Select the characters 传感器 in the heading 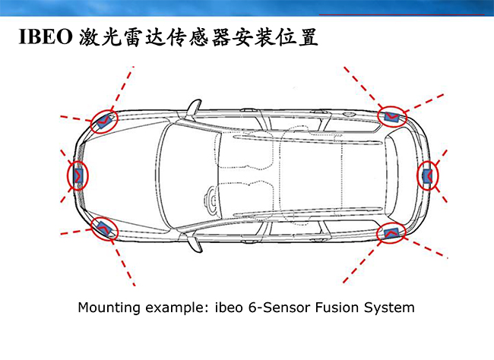point(203,36)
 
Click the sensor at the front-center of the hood point(78,175)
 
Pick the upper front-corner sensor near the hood point(104,120)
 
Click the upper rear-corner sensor point(392,116)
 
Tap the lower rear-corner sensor point(392,233)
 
